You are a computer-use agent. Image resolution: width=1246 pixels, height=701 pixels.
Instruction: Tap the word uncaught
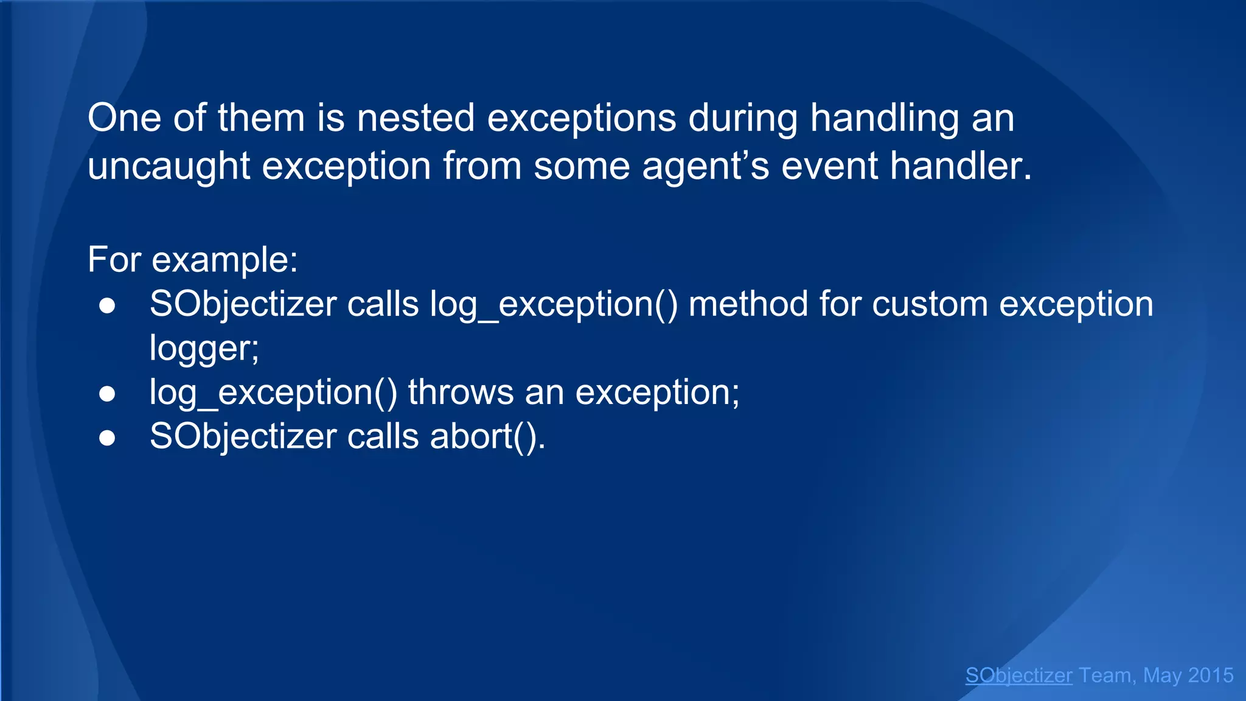point(169,166)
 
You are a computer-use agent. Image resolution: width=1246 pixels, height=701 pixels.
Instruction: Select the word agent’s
point(706,166)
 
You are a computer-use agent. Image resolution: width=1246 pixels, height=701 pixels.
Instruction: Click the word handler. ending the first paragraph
point(961,166)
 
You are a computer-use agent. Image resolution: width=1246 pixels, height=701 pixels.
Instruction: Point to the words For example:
point(192,259)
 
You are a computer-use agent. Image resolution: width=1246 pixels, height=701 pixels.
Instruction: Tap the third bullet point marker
point(107,438)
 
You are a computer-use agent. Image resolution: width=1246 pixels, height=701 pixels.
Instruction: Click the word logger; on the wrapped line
point(204,348)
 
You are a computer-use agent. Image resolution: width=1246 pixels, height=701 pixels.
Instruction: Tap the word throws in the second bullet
point(461,392)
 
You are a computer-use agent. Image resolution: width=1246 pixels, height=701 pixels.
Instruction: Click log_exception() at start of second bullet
point(273,392)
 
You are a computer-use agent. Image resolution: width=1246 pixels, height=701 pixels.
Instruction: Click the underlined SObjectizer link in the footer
point(1018,675)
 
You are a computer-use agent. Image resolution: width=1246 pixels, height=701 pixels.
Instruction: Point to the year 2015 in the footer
point(1210,675)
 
